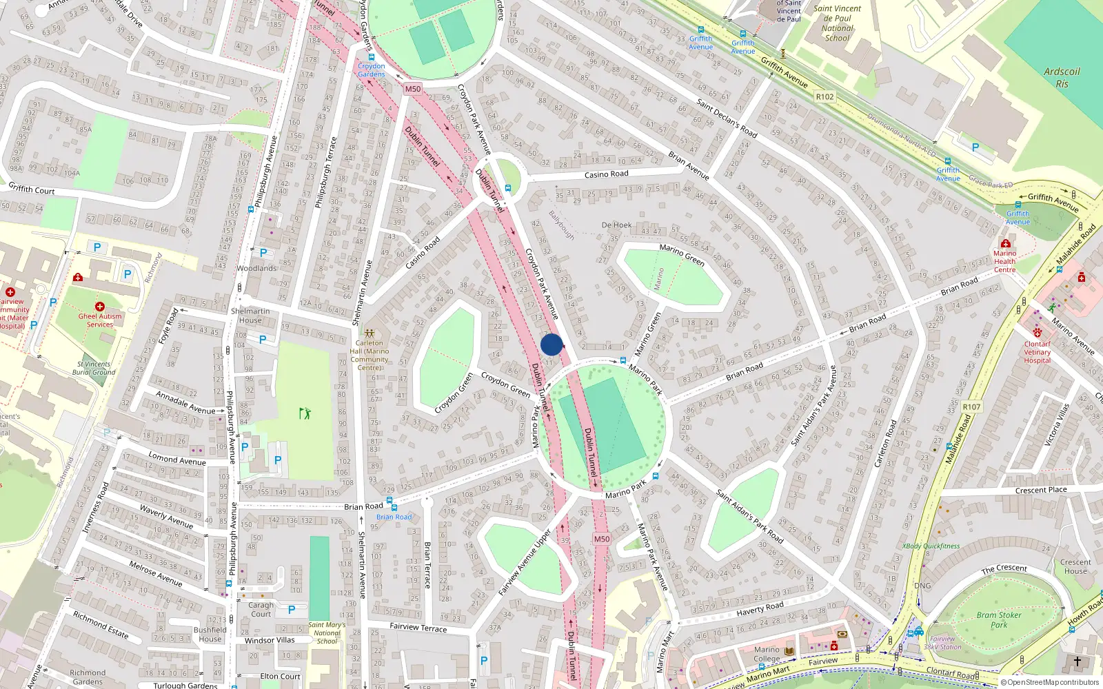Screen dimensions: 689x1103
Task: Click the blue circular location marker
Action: (x=551, y=344)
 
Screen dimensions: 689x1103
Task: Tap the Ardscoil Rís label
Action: (x=1062, y=77)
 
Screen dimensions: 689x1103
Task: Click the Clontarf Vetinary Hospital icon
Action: (x=1037, y=333)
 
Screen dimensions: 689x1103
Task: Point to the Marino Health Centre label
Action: (x=1004, y=262)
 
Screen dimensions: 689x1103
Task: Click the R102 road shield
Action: (x=824, y=97)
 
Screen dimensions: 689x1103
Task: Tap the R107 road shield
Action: (x=971, y=407)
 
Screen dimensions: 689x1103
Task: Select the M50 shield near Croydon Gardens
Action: (x=412, y=89)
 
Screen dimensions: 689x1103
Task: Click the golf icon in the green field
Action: (x=305, y=413)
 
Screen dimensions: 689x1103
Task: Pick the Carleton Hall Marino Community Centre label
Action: (x=370, y=355)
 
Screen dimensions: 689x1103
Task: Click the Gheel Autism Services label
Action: (x=100, y=320)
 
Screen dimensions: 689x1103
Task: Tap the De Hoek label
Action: (x=616, y=225)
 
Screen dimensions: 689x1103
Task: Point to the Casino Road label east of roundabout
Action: (x=606, y=174)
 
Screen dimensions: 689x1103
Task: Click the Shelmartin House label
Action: (x=250, y=316)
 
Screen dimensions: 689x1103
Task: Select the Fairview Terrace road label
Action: (x=418, y=627)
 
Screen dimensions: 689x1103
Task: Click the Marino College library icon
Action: (x=789, y=650)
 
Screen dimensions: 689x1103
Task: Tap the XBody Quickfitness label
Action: (x=931, y=546)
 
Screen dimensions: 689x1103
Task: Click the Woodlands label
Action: (x=256, y=269)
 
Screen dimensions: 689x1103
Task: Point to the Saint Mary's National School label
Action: (x=327, y=633)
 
